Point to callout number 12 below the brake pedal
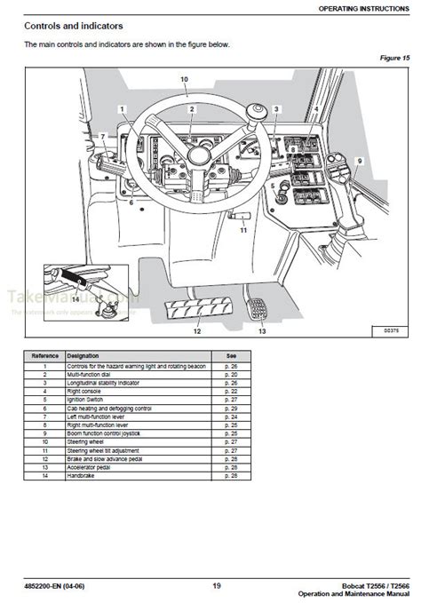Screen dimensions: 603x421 pos(197,331)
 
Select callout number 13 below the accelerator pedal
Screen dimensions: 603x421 pos(261,331)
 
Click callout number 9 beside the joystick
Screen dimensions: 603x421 pos(361,160)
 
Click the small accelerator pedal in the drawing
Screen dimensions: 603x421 pos(258,308)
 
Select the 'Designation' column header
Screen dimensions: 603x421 pos(81,355)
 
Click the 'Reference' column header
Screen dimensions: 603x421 pos(44,355)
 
